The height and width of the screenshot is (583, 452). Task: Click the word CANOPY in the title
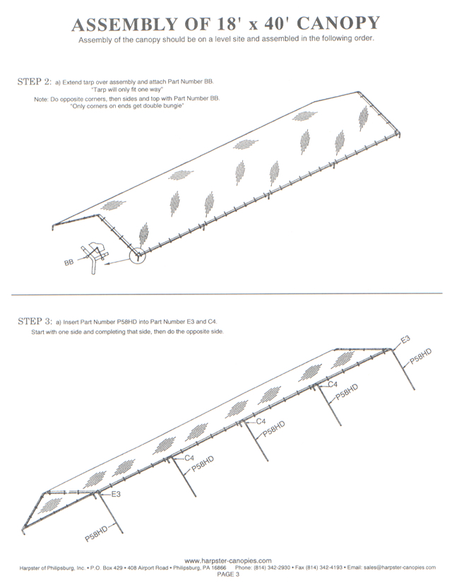point(338,23)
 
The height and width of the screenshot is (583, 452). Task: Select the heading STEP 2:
point(35,82)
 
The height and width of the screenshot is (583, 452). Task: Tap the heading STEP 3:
point(35,321)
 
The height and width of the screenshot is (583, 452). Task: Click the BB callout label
point(69,263)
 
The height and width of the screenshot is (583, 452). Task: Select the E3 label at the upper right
point(405,339)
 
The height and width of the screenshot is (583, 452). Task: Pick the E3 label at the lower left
point(116,494)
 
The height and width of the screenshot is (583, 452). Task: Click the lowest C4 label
point(189,457)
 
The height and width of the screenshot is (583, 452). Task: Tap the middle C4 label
point(261,421)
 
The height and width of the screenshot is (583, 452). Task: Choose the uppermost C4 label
point(333,385)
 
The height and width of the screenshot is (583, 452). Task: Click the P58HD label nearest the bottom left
point(96,534)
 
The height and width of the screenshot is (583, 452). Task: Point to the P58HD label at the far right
point(421,356)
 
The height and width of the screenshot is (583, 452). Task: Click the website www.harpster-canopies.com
point(228,560)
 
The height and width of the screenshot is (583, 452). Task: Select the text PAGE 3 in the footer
point(228,575)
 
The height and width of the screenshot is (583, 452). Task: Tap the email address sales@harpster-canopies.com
point(400,567)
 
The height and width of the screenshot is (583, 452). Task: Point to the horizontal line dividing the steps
point(227,294)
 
